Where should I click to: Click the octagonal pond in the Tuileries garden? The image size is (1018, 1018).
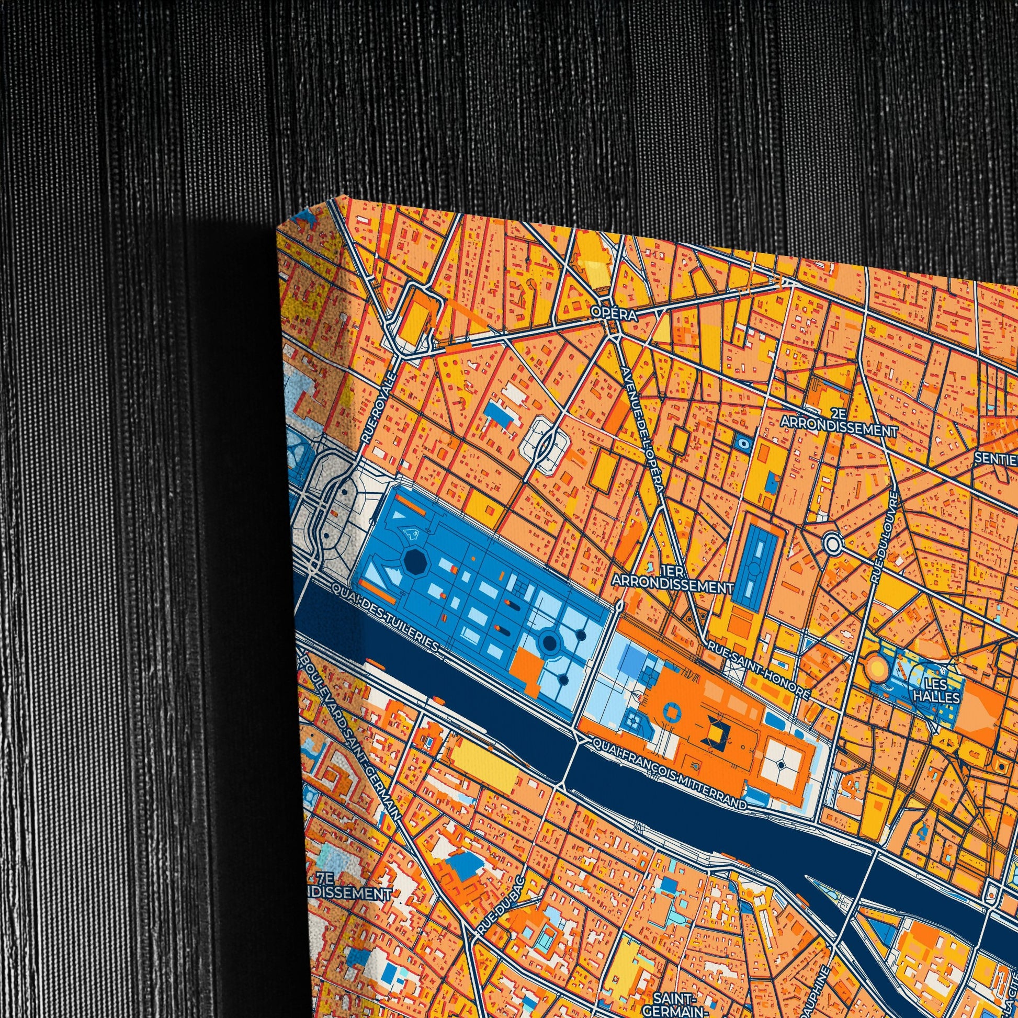click(x=413, y=563)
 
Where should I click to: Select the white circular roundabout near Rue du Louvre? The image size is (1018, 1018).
click(x=832, y=542)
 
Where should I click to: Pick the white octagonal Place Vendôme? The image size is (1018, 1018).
click(x=544, y=450)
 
